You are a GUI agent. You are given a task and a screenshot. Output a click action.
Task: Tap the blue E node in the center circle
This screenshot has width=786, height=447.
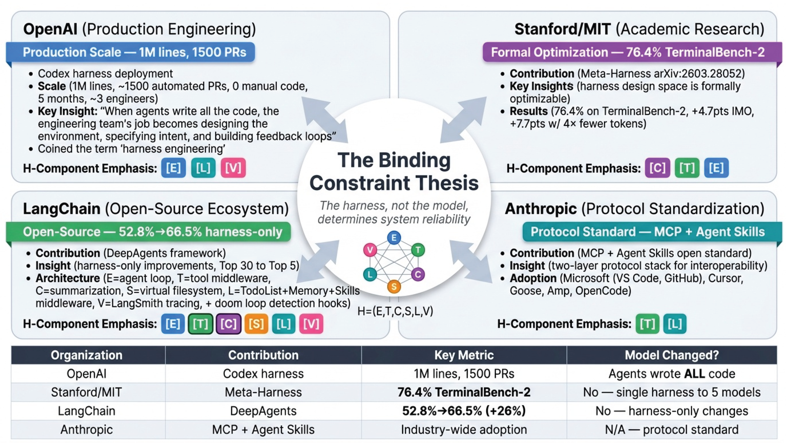[x=394, y=238]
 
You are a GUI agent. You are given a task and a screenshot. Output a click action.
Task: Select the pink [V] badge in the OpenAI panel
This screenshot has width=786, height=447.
[x=233, y=168]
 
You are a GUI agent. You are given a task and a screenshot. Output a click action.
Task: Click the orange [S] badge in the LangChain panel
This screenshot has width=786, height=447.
[x=256, y=324]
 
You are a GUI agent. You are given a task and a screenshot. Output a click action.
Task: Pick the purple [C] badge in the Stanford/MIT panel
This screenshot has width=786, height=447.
[x=657, y=168]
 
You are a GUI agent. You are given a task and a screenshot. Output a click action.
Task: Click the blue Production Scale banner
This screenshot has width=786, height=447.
[x=130, y=52]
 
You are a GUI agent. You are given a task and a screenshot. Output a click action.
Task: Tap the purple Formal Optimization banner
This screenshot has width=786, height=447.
[x=632, y=52]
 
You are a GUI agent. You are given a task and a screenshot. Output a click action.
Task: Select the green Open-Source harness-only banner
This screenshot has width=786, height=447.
[x=148, y=232]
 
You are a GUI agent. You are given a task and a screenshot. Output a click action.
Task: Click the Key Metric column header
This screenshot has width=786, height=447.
[x=464, y=355]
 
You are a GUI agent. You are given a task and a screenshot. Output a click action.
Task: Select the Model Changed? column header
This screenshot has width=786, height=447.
[x=672, y=355]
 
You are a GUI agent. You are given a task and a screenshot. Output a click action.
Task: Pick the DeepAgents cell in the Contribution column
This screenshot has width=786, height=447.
[x=263, y=411]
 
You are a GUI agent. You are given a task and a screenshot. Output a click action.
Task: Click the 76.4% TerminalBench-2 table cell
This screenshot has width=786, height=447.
[x=464, y=392]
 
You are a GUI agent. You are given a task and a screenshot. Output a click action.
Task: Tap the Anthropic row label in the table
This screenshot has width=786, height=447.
[x=87, y=429]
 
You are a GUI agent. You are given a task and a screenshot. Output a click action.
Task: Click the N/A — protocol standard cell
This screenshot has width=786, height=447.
[x=672, y=429]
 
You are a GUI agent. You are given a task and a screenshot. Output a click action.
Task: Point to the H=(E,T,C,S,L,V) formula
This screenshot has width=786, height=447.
[x=395, y=311]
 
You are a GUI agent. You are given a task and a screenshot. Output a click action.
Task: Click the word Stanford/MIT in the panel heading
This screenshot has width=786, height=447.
[x=562, y=29]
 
